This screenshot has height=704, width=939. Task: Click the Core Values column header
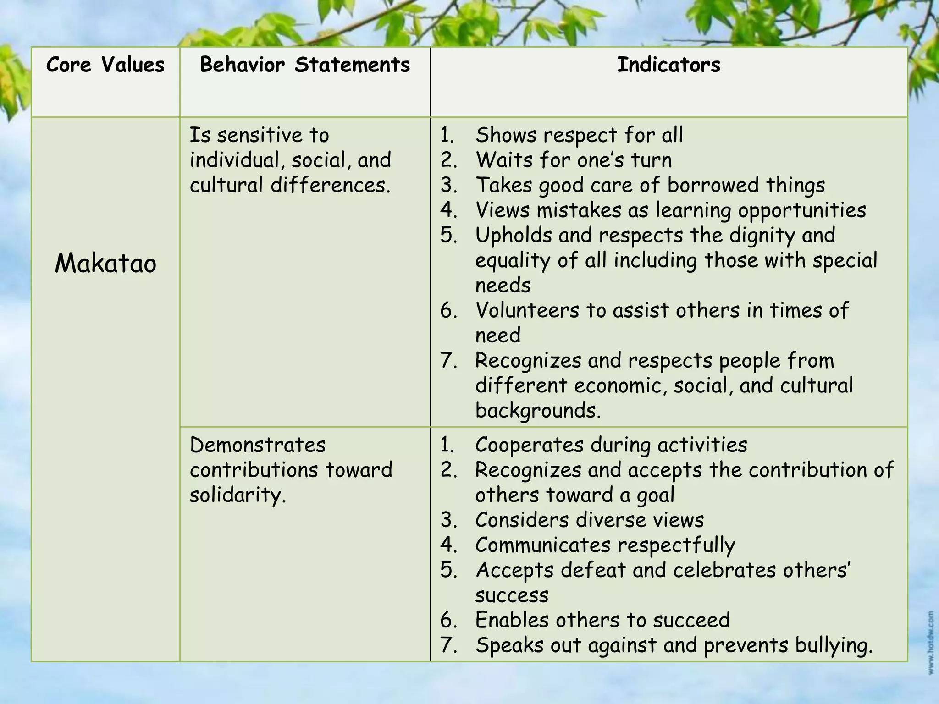105,65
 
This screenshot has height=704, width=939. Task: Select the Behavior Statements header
305,65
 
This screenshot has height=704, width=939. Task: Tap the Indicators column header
668,65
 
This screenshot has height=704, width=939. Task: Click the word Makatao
105,264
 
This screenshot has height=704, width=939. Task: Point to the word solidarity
238,495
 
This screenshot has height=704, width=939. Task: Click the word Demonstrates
258,445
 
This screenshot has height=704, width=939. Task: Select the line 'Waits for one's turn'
574,160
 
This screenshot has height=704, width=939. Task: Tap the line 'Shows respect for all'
579,135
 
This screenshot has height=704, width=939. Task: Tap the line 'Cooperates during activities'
611,445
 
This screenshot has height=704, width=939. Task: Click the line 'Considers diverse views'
589,520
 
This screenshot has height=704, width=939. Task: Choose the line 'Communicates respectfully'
605,545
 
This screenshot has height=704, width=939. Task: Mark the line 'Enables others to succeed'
602,620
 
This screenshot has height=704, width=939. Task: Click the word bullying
834,645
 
